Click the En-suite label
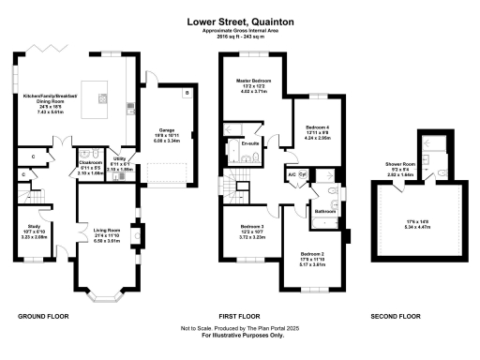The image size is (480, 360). tap(249, 143)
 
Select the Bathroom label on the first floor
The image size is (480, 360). tap(325, 211)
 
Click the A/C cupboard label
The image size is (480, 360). tap(292, 173)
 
